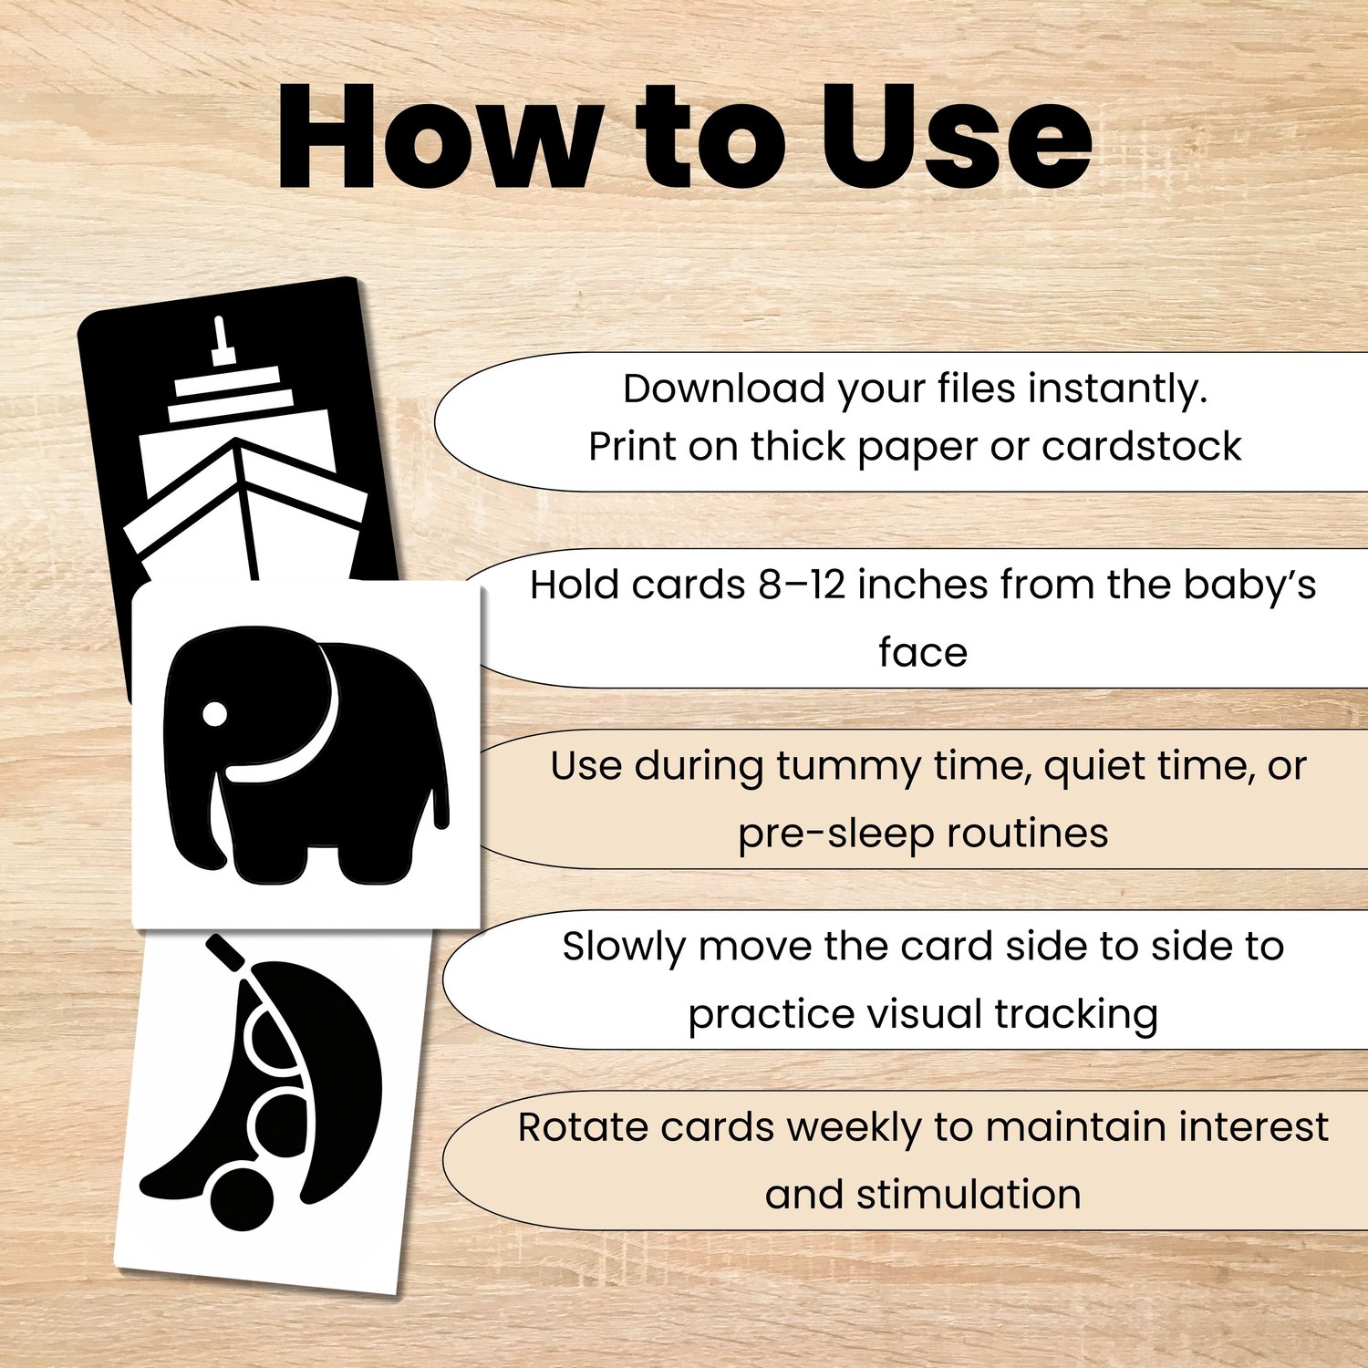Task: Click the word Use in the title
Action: pyautogui.click(x=956, y=137)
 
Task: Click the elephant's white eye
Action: pyautogui.click(x=214, y=714)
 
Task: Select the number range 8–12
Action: pyautogui.click(x=802, y=585)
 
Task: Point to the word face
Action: pyautogui.click(x=923, y=652)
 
